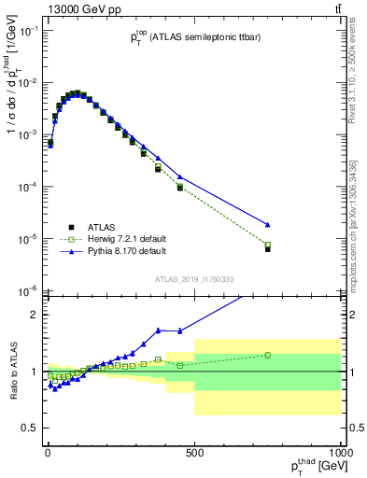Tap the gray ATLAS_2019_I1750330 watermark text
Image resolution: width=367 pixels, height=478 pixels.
[x=194, y=279]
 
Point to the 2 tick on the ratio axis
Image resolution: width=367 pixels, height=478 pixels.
[x=37, y=315]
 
